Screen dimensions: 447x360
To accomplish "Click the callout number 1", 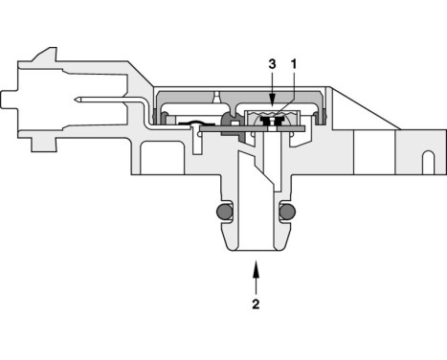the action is click(x=294, y=63).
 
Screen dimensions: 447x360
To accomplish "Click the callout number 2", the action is click(x=255, y=306).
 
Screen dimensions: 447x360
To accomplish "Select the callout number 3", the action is click(x=273, y=63).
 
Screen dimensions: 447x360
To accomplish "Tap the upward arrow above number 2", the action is click(x=255, y=278).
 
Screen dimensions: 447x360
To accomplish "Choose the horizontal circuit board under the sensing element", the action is click(x=273, y=129).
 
